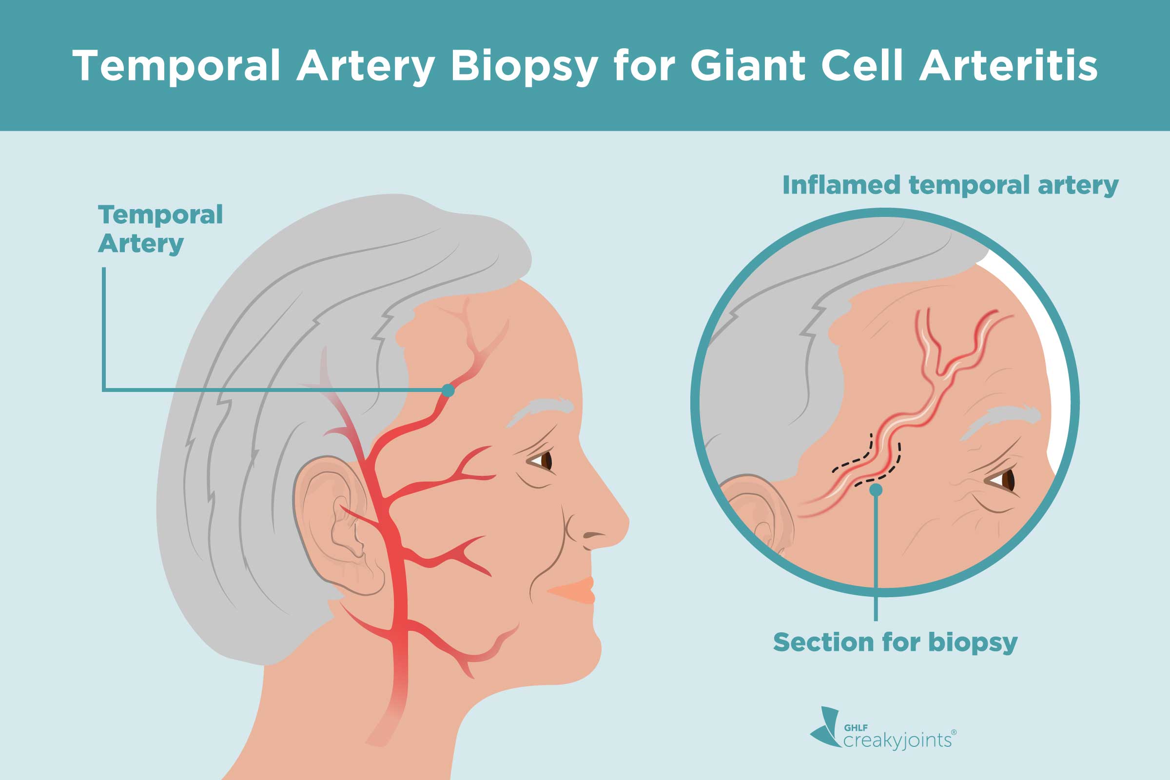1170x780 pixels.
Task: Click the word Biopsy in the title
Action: (x=523, y=67)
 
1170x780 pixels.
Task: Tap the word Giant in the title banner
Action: (x=748, y=66)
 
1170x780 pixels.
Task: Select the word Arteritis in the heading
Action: (x=1008, y=66)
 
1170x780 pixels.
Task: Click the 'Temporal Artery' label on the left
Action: (x=160, y=229)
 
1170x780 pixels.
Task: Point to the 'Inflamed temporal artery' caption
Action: (x=950, y=185)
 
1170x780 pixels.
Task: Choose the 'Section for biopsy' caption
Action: (x=895, y=642)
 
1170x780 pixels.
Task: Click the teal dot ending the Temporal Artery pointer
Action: (x=448, y=390)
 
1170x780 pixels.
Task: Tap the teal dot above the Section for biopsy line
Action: (x=876, y=490)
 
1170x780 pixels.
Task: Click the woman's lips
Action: (x=577, y=590)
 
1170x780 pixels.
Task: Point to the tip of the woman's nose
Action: (x=626, y=522)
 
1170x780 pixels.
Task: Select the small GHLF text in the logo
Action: (x=856, y=727)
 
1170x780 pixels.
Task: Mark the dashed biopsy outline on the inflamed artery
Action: (x=868, y=460)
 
